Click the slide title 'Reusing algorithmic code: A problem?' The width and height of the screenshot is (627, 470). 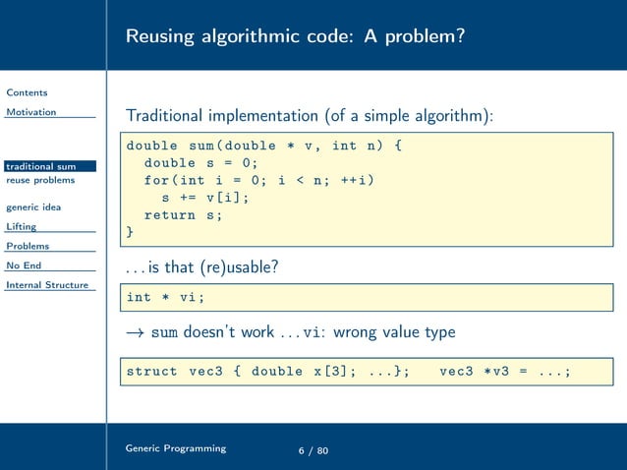point(295,36)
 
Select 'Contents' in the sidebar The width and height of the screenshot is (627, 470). point(27,92)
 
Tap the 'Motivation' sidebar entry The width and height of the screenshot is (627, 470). point(31,112)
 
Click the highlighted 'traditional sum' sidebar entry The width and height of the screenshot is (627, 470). point(41,166)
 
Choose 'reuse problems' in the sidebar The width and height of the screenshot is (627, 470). point(40,180)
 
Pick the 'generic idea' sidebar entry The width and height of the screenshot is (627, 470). point(33,207)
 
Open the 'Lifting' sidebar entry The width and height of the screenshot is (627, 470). point(22,226)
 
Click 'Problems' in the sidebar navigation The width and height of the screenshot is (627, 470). point(28,246)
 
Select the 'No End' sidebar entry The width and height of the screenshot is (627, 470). point(25,265)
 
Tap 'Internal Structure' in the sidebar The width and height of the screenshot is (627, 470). point(46,285)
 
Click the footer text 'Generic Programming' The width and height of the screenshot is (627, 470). point(175,448)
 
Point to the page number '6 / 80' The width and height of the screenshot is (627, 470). point(313,450)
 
